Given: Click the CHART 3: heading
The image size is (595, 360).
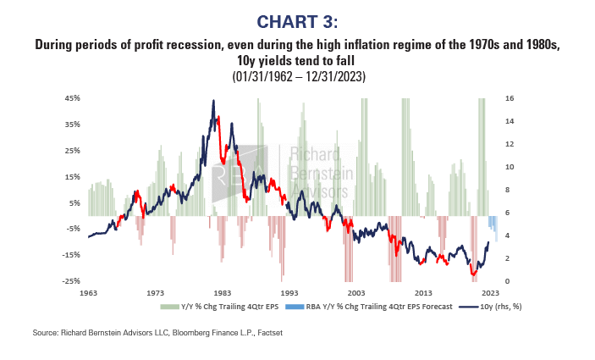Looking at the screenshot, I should (x=297, y=20).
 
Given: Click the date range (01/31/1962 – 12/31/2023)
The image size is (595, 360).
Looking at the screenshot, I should (x=297, y=76).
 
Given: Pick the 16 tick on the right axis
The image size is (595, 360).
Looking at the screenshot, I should (x=510, y=98).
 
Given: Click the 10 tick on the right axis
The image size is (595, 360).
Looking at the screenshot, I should (x=510, y=167).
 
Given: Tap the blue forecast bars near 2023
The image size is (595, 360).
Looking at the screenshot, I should (x=493, y=225).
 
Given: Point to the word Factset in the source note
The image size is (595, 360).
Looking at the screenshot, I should (x=268, y=333).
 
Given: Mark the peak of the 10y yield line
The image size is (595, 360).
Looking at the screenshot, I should (x=213, y=101).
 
